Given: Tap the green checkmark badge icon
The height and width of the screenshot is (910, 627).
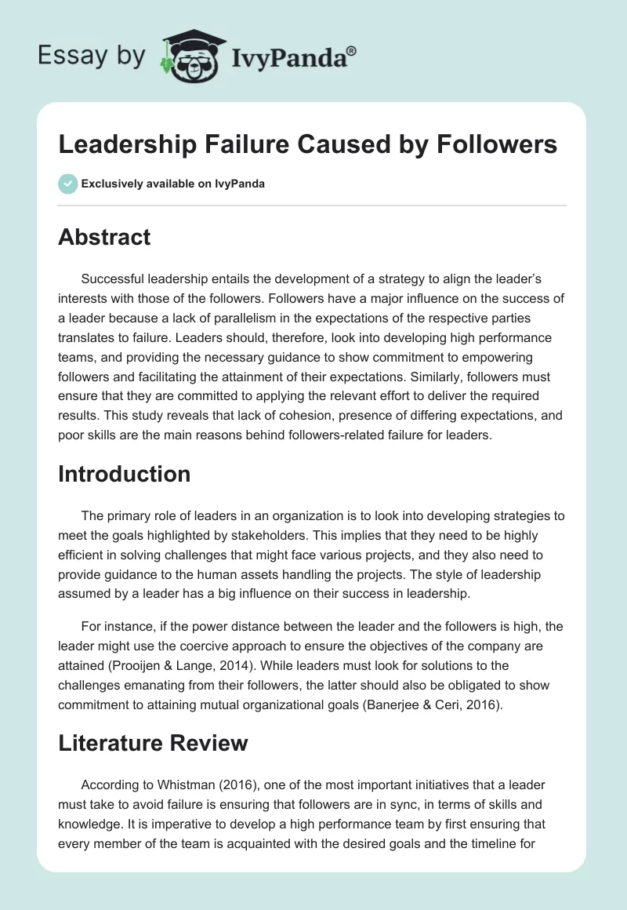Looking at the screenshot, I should pos(67,184).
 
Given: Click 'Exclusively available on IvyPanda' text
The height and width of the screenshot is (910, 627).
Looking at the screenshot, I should pos(172,184).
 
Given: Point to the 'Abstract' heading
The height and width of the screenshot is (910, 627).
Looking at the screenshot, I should pos(104,237).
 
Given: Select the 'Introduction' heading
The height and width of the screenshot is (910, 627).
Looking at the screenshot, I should pos(125,474).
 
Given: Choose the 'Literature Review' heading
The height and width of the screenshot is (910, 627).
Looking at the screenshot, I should pos(153,743).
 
